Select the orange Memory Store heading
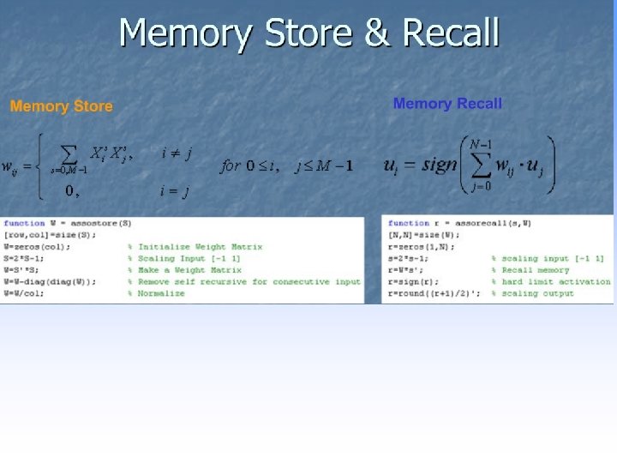61,106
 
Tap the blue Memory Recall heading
447,104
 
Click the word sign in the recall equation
440,165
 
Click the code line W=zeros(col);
35,247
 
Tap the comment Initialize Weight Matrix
200,247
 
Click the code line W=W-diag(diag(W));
51,281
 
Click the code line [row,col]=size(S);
51,235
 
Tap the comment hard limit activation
555,281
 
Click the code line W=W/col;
26,293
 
